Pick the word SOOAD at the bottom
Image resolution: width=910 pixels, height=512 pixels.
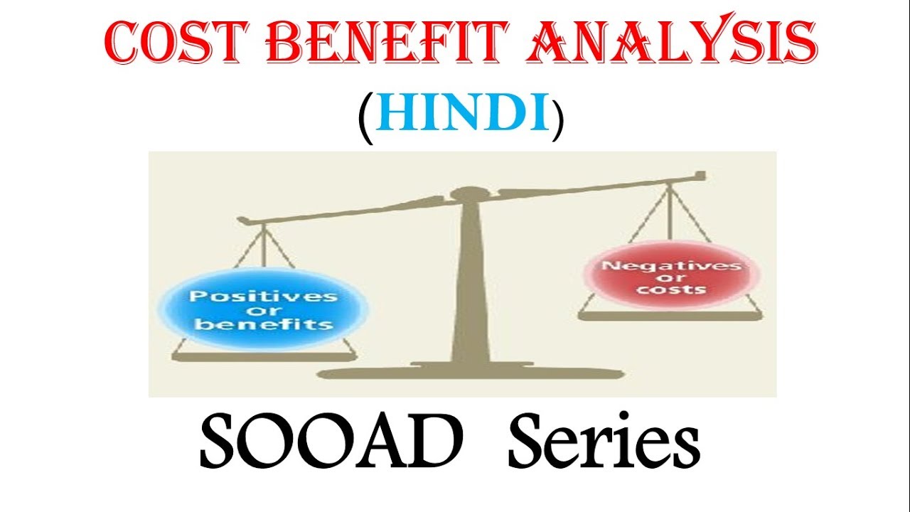point(327,444)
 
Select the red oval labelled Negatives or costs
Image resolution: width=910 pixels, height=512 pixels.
point(671,278)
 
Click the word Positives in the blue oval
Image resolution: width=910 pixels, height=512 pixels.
point(264,296)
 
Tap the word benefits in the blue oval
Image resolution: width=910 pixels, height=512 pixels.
point(264,325)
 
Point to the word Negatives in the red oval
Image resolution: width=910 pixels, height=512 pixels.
point(671,266)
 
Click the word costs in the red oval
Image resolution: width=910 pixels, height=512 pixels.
point(671,290)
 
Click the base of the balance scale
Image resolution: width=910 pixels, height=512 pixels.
point(470,373)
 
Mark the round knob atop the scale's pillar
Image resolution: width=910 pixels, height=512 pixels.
point(470,193)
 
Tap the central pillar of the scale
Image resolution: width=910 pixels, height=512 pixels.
point(470,284)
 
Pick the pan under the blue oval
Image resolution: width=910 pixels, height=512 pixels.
point(264,353)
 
